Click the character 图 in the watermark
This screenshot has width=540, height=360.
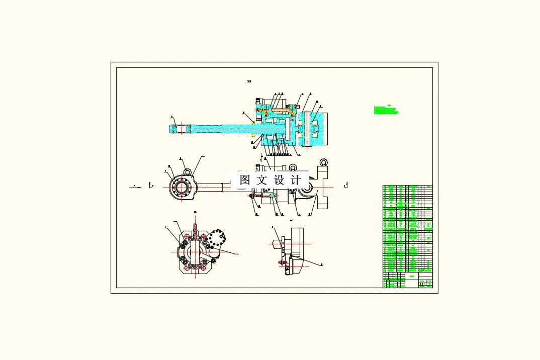click(245, 180)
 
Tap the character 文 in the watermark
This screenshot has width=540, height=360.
click(262, 180)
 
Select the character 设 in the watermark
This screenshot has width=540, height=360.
click(279, 180)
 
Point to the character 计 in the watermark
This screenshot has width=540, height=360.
click(296, 180)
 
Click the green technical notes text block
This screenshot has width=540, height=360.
click(387, 110)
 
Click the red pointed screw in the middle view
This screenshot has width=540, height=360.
click(251, 199)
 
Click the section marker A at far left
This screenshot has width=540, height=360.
click(135, 186)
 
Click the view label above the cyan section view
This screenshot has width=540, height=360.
click(249, 81)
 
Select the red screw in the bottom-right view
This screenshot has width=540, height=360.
click(281, 262)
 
